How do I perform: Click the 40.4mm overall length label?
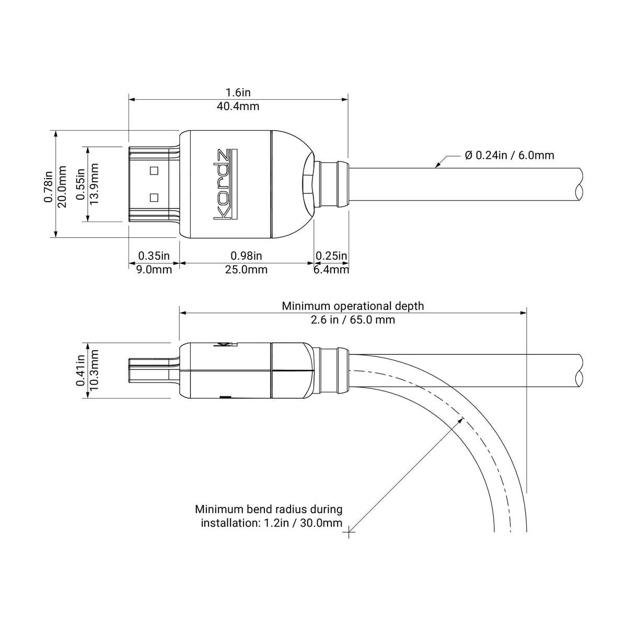pyautogui.click(x=238, y=107)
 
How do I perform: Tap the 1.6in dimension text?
pyautogui.click(x=238, y=92)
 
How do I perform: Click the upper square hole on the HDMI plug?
pyautogui.click(x=154, y=170)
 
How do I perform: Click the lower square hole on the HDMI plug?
pyautogui.click(x=154, y=198)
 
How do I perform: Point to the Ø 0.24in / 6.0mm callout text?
pyautogui.click(x=509, y=155)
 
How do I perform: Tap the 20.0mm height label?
pyautogui.click(x=62, y=187)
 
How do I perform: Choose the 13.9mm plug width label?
pyautogui.click(x=94, y=184)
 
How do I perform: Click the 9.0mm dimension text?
pyautogui.click(x=154, y=270)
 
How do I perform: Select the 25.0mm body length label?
pyautogui.click(x=246, y=270)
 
